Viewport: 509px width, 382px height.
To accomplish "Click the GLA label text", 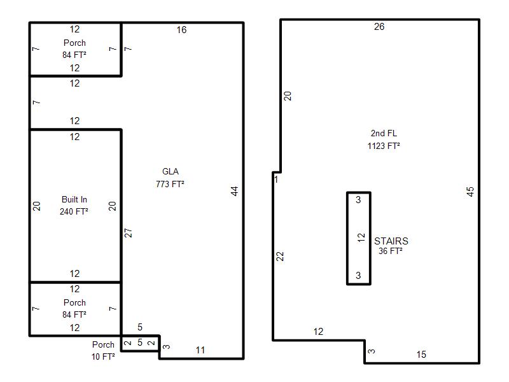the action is click(171, 171).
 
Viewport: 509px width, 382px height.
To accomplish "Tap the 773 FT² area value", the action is click(170, 184).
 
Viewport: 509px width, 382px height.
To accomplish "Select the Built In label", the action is click(74, 199).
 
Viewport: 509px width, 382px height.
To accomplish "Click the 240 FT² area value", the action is click(74, 211).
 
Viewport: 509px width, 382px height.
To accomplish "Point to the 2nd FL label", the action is click(384, 133).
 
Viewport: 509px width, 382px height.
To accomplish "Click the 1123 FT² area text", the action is click(384, 146).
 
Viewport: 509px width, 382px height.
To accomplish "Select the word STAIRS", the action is click(391, 241).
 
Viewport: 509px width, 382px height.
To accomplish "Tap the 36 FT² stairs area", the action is click(391, 251).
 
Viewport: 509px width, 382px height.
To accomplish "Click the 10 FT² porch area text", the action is click(103, 357).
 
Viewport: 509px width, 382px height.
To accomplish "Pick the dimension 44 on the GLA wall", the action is click(235, 191).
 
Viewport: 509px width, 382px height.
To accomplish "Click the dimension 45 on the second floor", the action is click(470, 192).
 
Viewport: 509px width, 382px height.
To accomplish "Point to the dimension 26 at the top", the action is click(379, 27).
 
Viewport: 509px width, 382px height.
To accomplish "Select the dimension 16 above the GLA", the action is click(181, 30).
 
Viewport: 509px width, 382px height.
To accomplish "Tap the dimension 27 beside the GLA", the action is click(129, 233).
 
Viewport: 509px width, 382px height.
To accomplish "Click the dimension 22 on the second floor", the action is click(280, 257).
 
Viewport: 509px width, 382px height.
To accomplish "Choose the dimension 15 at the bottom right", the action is click(421, 355).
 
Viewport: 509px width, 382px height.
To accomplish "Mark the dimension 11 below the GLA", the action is click(200, 350).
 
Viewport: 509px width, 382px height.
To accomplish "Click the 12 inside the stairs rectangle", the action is click(361, 237).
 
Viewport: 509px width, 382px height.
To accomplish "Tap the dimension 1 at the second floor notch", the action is click(276, 180).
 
